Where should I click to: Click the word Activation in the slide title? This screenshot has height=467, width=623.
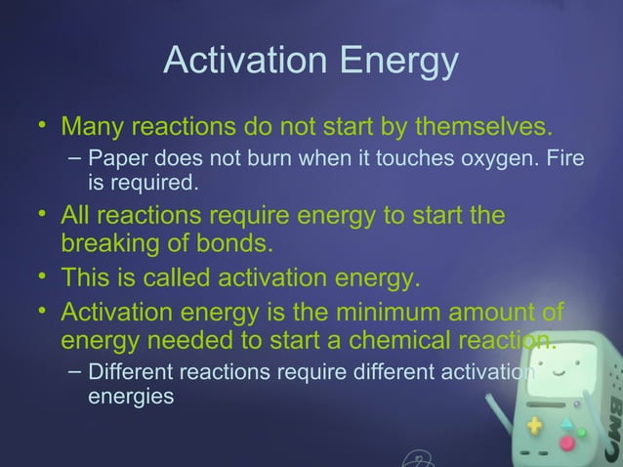(244, 61)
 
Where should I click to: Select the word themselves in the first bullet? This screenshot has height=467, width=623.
(481, 128)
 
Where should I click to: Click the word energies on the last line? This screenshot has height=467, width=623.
(132, 399)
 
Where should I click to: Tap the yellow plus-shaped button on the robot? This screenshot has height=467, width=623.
(534, 426)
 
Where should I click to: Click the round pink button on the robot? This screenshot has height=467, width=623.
(567, 443)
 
